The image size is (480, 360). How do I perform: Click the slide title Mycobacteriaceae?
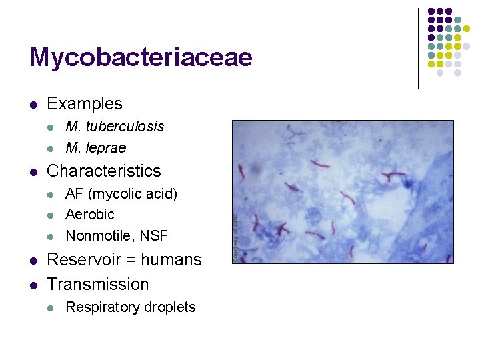click(141, 58)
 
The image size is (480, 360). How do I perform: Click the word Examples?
click(85, 104)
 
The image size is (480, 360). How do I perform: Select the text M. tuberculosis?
click(115, 127)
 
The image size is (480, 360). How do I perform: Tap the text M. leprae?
click(95, 147)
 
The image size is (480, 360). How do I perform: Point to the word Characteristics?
click(104, 171)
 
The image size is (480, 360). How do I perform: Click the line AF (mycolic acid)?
click(121, 194)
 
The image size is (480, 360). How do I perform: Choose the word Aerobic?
click(90, 215)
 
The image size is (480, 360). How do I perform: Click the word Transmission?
click(98, 285)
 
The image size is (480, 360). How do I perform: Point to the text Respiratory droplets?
click(131, 307)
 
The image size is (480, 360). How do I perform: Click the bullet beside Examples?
click(33, 105)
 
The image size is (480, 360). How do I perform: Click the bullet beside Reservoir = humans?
click(33, 260)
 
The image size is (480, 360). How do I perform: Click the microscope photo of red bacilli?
click(343, 191)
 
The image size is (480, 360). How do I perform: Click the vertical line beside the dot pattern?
click(418, 48)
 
